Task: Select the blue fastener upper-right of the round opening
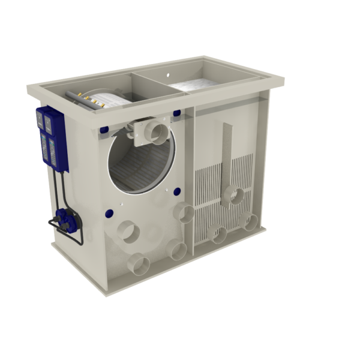click(x=177, y=113)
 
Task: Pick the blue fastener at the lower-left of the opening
click(x=110, y=211)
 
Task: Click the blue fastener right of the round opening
click(x=177, y=192)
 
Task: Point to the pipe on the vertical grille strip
click(x=236, y=195)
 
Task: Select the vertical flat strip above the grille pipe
click(x=227, y=153)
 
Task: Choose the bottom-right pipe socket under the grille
click(x=247, y=221)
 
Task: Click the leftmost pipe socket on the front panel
click(x=128, y=231)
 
